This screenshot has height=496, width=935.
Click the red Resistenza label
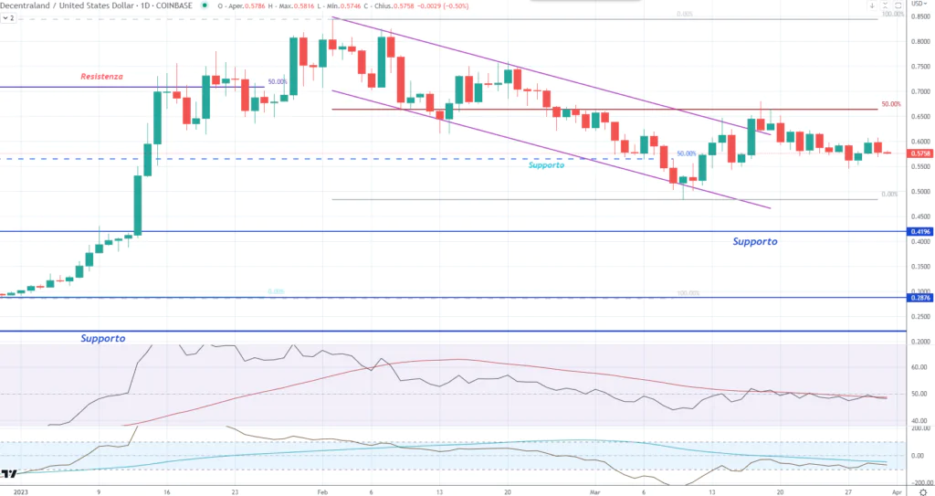[x=101, y=77]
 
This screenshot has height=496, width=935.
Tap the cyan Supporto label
[x=547, y=165]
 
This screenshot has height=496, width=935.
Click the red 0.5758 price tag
[x=919, y=153]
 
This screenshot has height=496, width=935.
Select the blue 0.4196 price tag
[x=919, y=232]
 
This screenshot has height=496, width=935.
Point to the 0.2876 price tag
[x=919, y=298]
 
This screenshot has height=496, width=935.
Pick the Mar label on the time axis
[x=595, y=491]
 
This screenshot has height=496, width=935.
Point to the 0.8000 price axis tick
[x=919, y=42]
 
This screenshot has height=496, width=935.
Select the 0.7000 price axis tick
[x=919, y=92]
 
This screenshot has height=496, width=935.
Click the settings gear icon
[x=921, y=491]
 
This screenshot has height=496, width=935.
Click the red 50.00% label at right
[x=891, y=104]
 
